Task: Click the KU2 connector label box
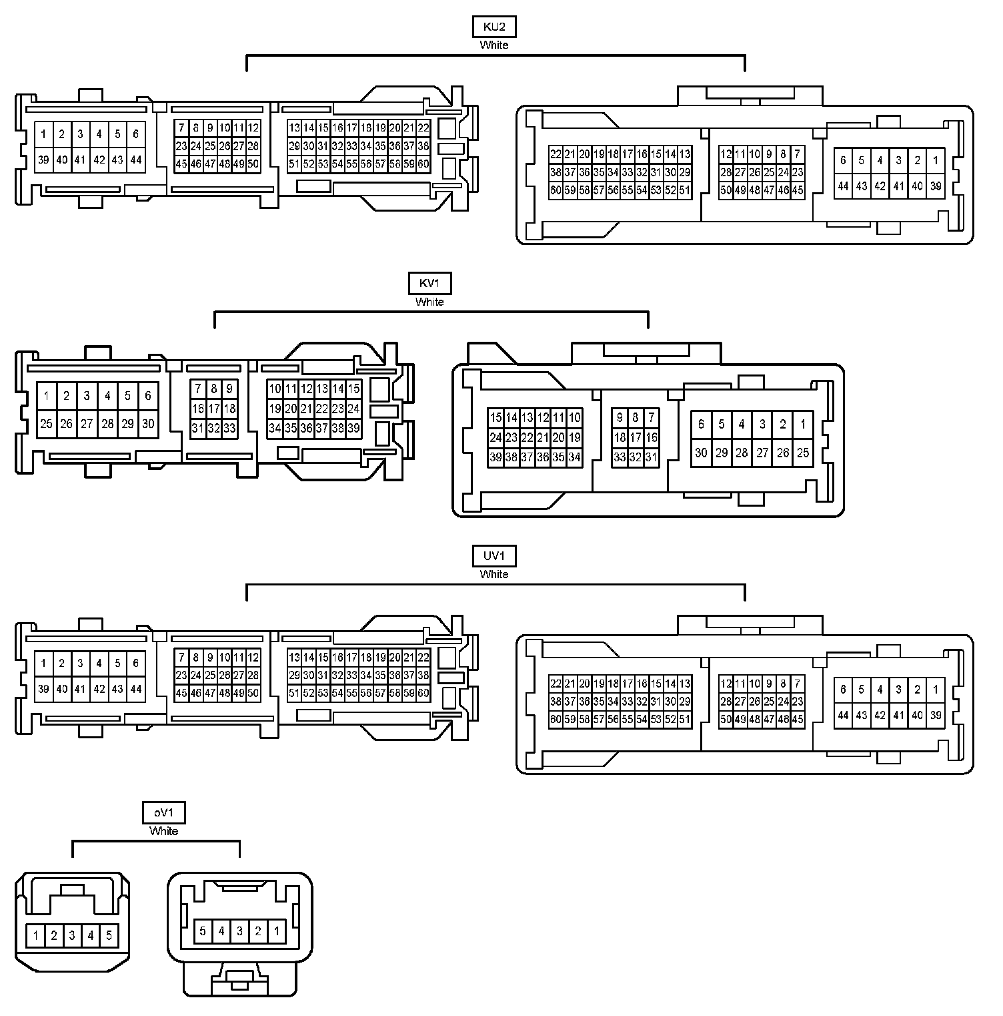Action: tap(493, 27)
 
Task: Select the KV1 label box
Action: tap(429, 284)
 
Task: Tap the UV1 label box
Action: tap(493, 556)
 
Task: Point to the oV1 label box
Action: tap(163, 813)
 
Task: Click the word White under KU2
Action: tap(493, 45)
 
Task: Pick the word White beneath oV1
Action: tap(163, 831)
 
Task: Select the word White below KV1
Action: tap(429, 302)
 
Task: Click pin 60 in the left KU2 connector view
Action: tap(423, 164)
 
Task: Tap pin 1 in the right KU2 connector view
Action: tap(936, 160)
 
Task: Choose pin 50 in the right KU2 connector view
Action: tap(726, 190)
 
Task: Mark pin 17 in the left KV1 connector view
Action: tap(213, 409)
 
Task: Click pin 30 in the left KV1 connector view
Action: tap(148, 423)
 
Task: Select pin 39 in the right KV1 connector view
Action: tap(495, 457)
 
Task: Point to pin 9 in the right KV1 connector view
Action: tap(620, 418)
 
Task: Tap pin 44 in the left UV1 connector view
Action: tap(136, 689)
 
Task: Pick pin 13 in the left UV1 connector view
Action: tap(294, 658)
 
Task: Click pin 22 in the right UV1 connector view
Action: tap(556, 683)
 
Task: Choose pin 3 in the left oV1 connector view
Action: tap(72, 935)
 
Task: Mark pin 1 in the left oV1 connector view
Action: tap(35, 935)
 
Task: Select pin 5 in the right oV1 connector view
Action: tap(203, 931)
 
